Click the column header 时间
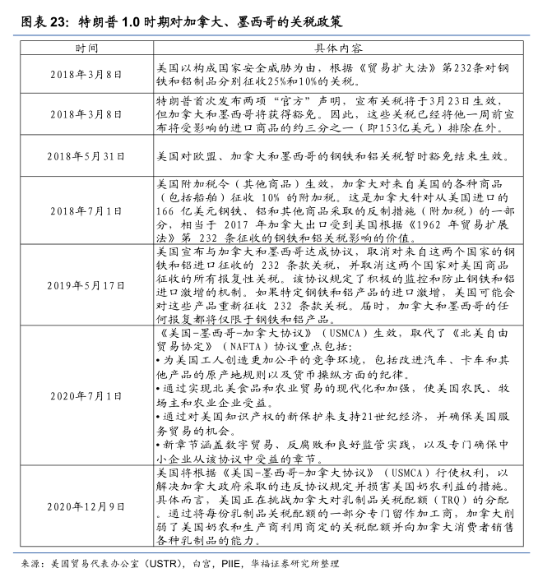click(x=86, y=49)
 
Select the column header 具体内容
click(x=343, y=49)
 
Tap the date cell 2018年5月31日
click(x=86, y=155)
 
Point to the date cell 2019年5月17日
click(x=86, y=284)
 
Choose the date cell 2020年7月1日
click(x=86, y=395)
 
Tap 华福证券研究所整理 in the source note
click(x=295, y=564)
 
